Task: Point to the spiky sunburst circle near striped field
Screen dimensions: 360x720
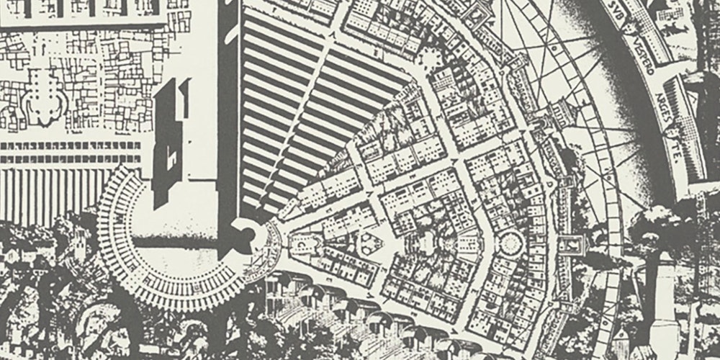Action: coord(433,58)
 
